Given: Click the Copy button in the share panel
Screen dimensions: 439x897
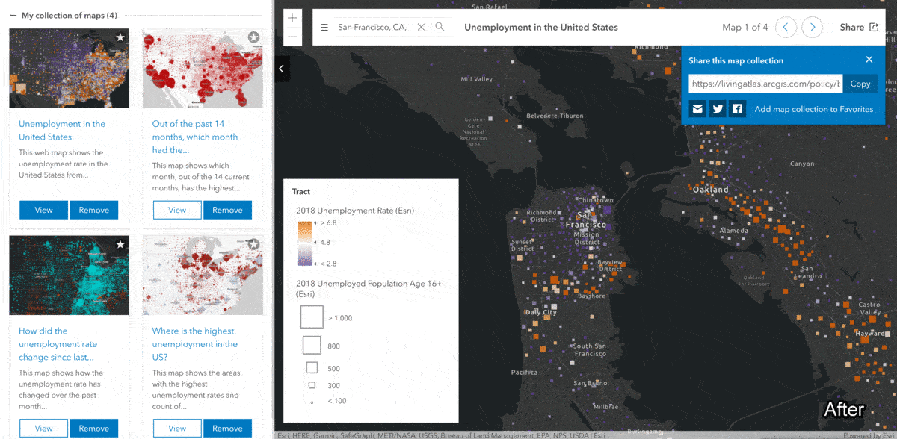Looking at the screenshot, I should pos(860,84).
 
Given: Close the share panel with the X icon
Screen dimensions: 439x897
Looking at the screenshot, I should pos(869,60).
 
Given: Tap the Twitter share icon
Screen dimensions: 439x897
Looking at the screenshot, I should pos(718,109).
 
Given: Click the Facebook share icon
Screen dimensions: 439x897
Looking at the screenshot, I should pos(738,109).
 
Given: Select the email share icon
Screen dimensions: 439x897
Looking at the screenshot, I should pos(697,109).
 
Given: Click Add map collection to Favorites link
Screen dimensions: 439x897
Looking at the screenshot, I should pos(813,109).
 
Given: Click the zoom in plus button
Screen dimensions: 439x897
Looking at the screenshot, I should pos(292,18).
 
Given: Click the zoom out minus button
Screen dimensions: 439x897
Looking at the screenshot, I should pos(292,36).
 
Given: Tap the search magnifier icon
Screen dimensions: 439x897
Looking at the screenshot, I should pos(440,27).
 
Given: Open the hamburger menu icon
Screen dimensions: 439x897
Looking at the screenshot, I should pos(324,28).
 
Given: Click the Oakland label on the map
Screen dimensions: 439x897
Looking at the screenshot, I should pos(710,190).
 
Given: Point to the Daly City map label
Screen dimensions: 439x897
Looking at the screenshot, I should pos(540,312).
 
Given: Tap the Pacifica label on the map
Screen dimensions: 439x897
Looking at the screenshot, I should pos(524,372).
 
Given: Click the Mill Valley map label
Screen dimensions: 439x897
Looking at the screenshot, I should pos(476,79).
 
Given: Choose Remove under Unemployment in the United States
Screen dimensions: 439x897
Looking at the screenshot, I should pos(93,210).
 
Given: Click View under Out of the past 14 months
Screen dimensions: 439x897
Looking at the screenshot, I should pos(177,210).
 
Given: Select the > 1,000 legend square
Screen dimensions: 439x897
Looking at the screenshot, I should pos(311,317).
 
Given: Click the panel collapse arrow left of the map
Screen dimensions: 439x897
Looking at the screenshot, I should pos(282,69).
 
